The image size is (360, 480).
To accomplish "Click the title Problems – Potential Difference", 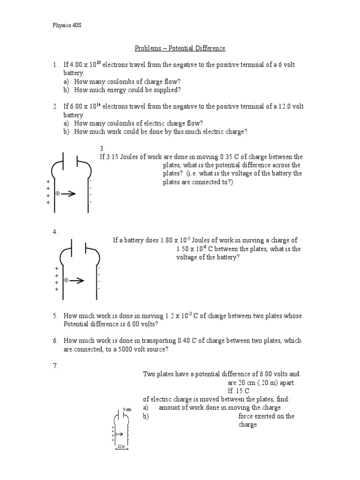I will (x=180, y=48).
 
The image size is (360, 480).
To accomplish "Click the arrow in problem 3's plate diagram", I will (x=68, y=194).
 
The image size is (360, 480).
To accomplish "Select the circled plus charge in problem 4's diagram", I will (x=66, y=280).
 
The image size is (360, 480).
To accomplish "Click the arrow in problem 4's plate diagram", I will (x=77, y=280).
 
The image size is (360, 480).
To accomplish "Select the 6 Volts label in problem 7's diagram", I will (x=127, y=409).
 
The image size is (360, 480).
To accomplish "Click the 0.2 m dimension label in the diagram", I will (x=121, y=447).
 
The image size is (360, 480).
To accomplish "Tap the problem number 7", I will (x=54, y=366).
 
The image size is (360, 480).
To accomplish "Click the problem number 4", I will (x=54, y=232).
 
